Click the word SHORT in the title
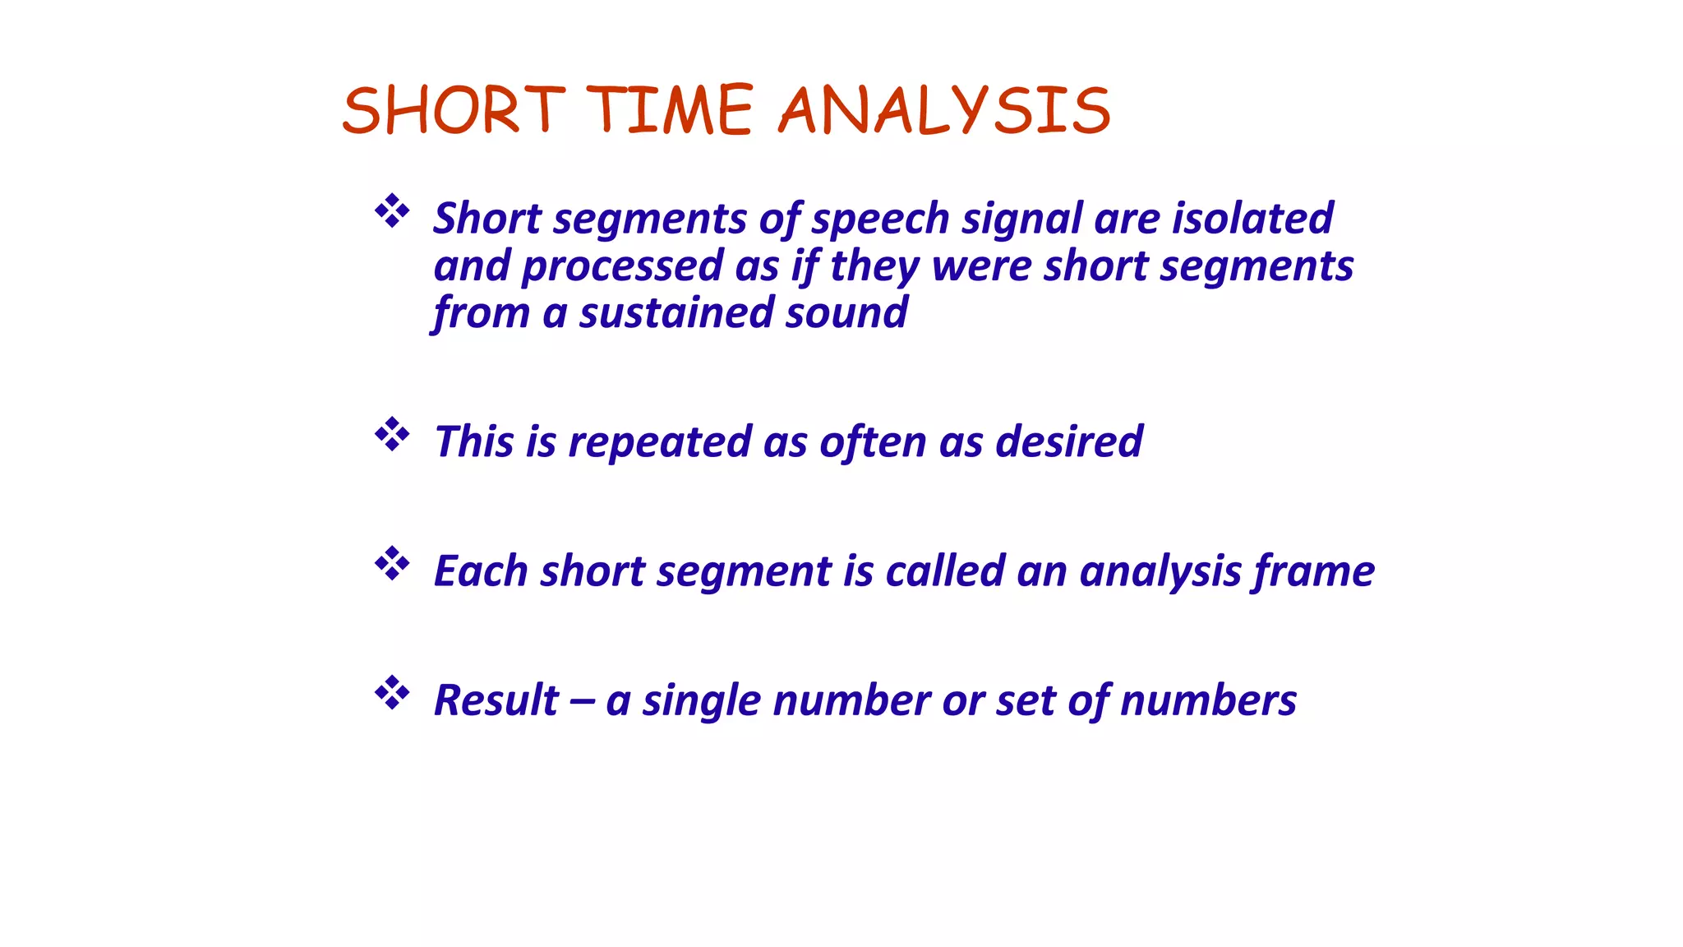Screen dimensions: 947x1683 [x=454, y=110]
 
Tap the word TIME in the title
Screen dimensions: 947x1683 [x=669, y=110]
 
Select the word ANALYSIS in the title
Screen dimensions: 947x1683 [x=944, y=110]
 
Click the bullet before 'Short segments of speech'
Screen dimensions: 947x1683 [x=392, y=212]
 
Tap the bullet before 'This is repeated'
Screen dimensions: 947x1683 [x=392, y=435]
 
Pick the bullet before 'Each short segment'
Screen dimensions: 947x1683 [x=392, y=564]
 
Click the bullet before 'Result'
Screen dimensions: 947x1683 [x=392, y=694]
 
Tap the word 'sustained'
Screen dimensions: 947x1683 [x=676, y=313]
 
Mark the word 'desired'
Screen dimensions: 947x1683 [x=1068, y=441]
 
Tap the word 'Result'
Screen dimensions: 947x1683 [x=496, y=700]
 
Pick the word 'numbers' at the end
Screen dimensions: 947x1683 [x=1208, y=700]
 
